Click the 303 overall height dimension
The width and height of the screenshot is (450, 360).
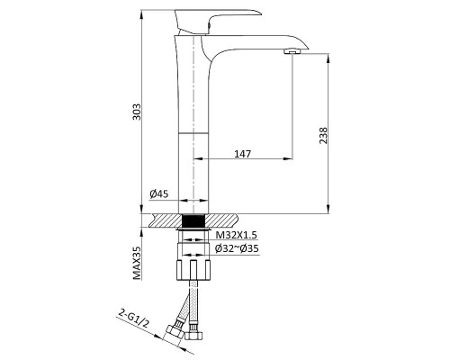point(137,112)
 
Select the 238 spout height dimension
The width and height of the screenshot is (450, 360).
point(324,135)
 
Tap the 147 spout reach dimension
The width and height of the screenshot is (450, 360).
point(242,154)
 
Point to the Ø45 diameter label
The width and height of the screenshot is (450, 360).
point(159,194)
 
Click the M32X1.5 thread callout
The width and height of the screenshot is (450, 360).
point(237,235)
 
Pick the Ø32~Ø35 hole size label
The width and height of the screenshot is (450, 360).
point(237,248)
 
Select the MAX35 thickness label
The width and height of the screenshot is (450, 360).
point(137,263)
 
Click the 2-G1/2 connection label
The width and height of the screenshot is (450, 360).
point(133,319)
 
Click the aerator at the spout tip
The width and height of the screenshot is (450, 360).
point(292,52)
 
